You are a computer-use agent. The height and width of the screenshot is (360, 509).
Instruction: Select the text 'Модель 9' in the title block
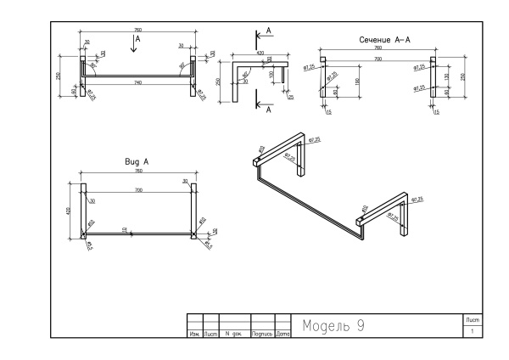(x=333, y=326)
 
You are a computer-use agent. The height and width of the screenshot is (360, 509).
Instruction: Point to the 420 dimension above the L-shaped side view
(x=259, y=52)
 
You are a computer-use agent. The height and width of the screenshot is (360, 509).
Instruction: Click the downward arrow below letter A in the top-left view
(x=134, y=49)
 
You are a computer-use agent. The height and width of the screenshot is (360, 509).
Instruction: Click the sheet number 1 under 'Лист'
(x=473, y=330)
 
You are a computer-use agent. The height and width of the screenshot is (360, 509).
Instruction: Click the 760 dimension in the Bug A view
(x=137, y=172)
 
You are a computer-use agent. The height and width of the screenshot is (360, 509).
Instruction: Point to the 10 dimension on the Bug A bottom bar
(x=124, y=229)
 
